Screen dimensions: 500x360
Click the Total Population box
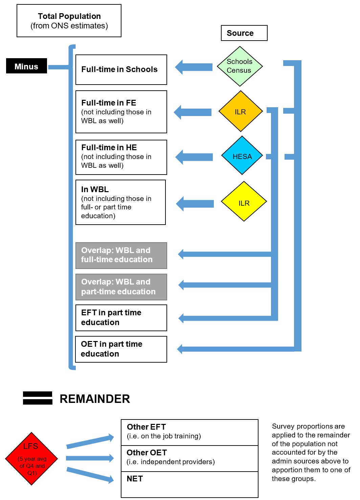pos(69,21)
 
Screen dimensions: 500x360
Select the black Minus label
pos(26,66)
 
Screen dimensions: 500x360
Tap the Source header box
pos(244,33)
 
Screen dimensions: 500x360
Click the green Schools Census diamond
pos(240,66)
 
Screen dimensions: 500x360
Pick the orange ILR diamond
pos(241,111)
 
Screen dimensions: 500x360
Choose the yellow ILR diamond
pos(244,202)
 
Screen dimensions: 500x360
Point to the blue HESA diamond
pos(242,156)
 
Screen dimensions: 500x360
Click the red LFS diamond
pos(31,459)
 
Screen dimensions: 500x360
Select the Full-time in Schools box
pos(121,70)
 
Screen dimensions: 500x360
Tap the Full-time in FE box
pos(121,112)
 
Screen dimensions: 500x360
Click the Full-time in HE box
pos(121,157)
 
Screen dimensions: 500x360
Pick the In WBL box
pos(120,202)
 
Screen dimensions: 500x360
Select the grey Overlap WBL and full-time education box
pos(121,255)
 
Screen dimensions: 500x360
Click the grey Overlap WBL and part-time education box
pos(121,287)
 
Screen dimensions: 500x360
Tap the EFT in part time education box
pos(121,318)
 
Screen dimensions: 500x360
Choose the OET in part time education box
pos(121,349)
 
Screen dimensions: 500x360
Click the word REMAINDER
pos(95,399)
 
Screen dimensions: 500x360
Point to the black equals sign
pos(38,398)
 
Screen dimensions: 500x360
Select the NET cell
pos(189,484)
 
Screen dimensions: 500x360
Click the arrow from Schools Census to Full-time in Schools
pos(194,67)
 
